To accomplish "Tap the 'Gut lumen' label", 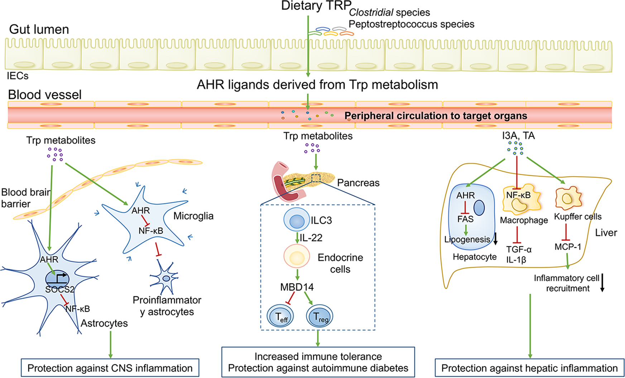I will (39, 29).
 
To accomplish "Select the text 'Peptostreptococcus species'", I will (411, 24).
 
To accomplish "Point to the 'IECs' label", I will (18, 76).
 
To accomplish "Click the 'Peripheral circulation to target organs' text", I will (436, 116).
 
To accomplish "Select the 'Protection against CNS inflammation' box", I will (110, 368).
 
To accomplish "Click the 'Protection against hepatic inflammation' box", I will (529, 368).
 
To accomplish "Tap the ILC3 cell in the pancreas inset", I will (297, 219).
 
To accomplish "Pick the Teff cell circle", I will (280, 316).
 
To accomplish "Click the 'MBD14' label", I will (297, 287).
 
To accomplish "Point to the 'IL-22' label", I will (311, 237).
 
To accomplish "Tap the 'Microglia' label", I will (193, 216).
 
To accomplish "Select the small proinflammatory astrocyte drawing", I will (165, 278).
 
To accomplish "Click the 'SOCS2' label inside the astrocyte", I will (60, 289).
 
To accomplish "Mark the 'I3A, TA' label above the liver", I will (518, 136).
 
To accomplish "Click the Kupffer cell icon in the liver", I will (567, 198).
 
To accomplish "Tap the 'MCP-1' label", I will (568, 247).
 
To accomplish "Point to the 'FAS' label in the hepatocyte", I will (465, 219).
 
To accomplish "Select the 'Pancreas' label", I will (358, 183).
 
